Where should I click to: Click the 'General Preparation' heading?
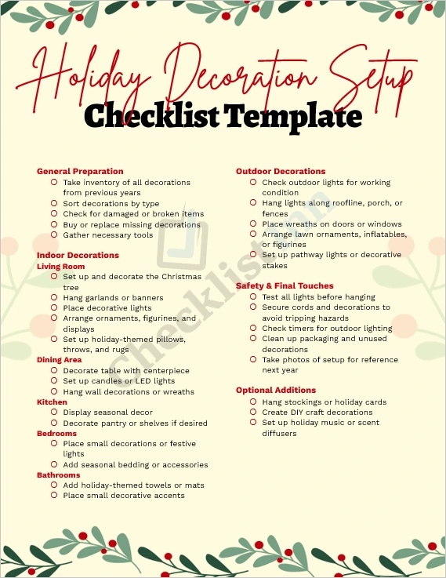click(x=80, y=171)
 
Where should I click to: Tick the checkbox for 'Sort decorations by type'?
click(x=54, y=203)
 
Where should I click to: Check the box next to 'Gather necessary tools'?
click(x=54, y=234)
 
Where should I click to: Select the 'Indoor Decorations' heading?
click(x=78, y=255)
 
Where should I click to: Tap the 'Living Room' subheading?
click(x=61, y=267)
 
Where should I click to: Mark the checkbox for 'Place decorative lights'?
click(x=54, y=308)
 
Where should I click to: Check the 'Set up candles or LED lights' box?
click(x=54, y=381)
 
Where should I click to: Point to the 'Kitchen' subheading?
click(x=52, y=402)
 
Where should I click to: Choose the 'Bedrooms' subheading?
click(x=56, y=433)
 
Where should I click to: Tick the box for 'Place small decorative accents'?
click(x=54, y=496)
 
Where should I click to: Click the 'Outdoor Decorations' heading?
click(x=281, y=171)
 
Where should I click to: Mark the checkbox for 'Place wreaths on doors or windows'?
click(x=253, y=224)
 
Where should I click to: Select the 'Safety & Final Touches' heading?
click(x=285, y=285)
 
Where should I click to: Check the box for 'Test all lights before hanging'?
click(x=253, y=297)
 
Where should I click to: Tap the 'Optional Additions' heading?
click(x=276, y=390)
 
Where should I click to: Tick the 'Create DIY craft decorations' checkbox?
click(x=253, y=412)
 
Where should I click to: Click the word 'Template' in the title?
click(x=292, y=116)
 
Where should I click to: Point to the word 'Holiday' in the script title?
click(x=86, y=78)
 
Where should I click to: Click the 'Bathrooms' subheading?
click(x=59, y=475)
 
